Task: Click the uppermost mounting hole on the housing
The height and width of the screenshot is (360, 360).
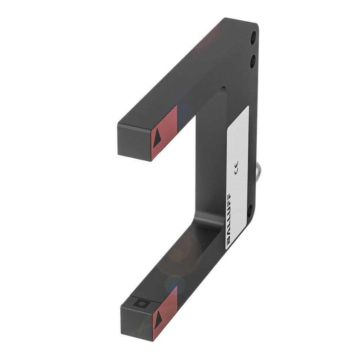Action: tap(253, 37)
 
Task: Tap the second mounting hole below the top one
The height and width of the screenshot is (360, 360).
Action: tap(253, 61)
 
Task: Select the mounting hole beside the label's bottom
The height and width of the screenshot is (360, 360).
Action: tap(250, 210)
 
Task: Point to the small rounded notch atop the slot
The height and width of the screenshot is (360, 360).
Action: tap(224, 89)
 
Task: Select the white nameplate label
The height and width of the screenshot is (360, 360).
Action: tap(237, 176)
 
